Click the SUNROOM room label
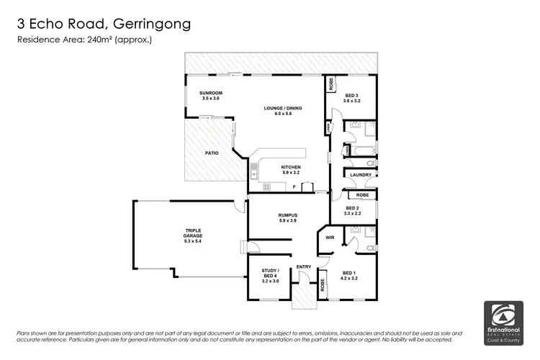pyautogui.click(x=211, y=93)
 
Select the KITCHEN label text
pyautogui.click(x=291, y=168)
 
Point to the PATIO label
pyautogui.click(x=212, y=153)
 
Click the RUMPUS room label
pyautogui.click(x=287, y=215)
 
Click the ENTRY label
pyautogui.click(x=304, y=267)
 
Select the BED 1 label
pyautogui.click(x=348, y=272)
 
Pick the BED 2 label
pyautogui.click(x=352, y=209)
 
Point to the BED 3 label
pyautogui.click(x=351, y=96)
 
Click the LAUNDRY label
pyautogui.click(x=360, y=175)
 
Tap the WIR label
pyautogui.click(x=330, y=235)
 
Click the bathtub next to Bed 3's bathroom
pyautogui.click(x=357, y=151)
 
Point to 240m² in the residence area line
pyautogui.click(x=105, y=40)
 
